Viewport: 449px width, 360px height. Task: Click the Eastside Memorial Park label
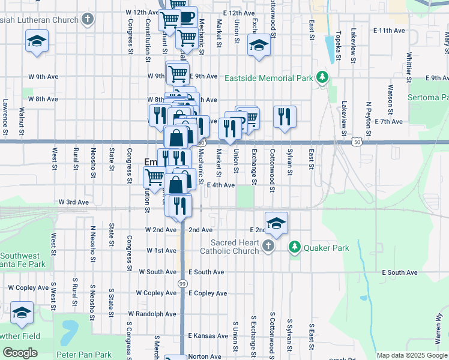click(269, 79)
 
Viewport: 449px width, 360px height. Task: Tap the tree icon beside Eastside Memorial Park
click(323, 77)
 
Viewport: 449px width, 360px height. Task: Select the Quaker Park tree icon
click(295, 247)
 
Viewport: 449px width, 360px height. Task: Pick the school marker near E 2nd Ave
click(277, 223)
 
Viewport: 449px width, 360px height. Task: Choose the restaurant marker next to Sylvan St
click(285, 116)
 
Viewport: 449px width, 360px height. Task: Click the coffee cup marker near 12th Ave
click(186, 16)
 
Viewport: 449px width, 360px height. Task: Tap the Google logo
click(20, 353)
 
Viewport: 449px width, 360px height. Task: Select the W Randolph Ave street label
click(152, 314)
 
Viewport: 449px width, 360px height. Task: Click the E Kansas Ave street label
click(208, 335)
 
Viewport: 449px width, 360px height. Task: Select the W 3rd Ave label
click(73, 202)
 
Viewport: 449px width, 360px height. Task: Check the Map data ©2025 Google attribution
click(411, 355)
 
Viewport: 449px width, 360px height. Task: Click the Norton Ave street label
click(204, 356)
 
